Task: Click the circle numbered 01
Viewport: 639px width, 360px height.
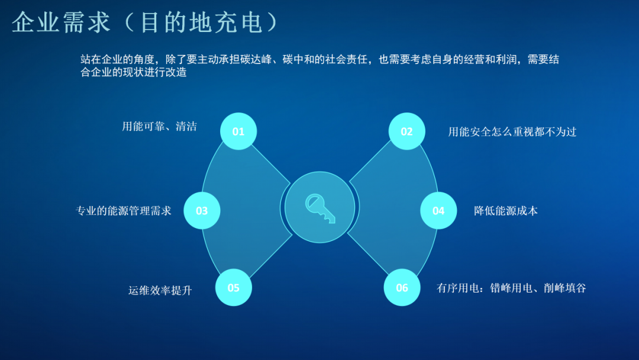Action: click(238, 131)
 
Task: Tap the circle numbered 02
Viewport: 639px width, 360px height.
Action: click(406, 131)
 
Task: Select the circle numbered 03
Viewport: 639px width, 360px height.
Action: click(202, 210)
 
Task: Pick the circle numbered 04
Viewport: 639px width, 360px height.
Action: click(438, 210)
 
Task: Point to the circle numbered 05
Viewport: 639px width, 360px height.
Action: click(234, 288)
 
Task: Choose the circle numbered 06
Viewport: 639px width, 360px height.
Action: click(402, 288)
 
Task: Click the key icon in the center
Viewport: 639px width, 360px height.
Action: click(320, 207)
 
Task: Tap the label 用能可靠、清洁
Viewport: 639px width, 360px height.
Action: click(159, 126)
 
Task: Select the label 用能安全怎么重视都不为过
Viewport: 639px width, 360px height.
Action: click(512, 131)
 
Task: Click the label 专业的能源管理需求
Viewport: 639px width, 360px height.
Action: click(124, 210)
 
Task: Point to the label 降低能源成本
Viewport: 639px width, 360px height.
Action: click(506, 210)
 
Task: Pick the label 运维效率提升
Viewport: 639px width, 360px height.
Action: click(160, 290)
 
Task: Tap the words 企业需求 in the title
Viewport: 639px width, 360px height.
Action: click(62, 22)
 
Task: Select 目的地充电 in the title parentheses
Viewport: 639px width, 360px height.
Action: click(201, 22)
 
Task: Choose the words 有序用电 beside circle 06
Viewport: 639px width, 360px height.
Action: click(458, 288)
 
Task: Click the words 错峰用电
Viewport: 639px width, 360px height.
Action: click(511, 288)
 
